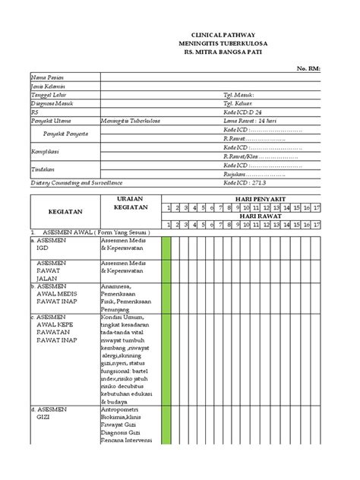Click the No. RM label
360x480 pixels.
[308, 68]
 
